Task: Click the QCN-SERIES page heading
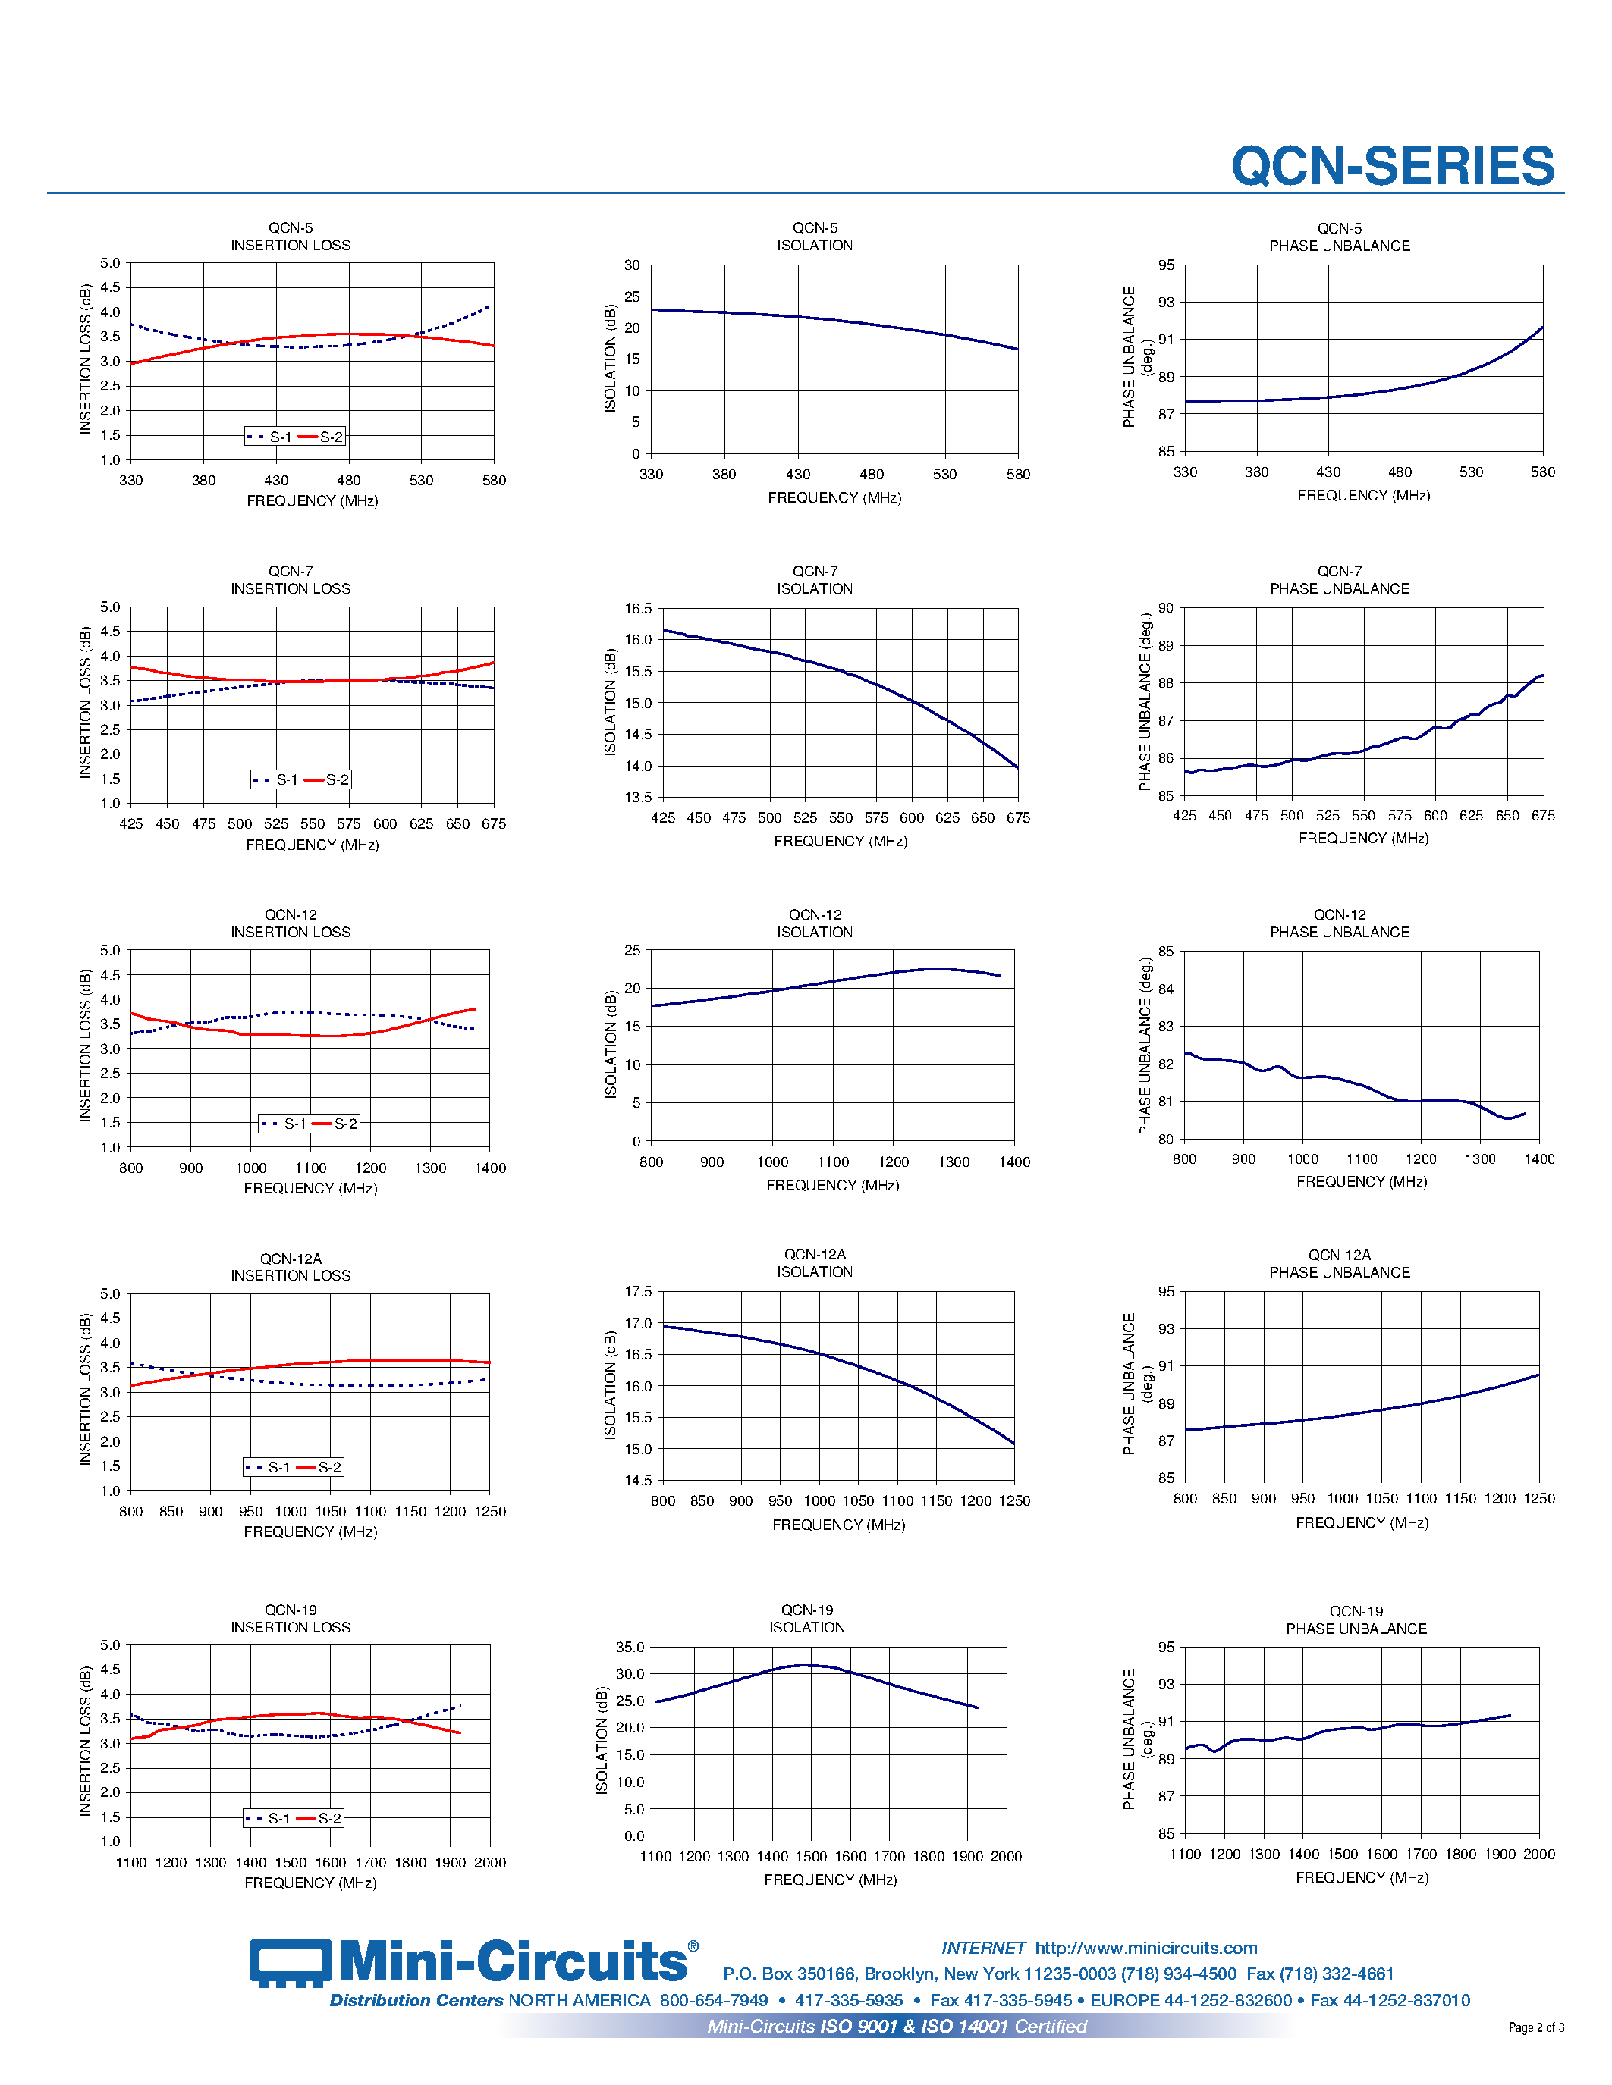coord(1392,166)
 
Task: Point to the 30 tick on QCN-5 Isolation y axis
coord(632,265)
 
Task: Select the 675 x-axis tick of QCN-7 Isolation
coord(1018,818)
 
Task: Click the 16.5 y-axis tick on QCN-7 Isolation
coord(638,608)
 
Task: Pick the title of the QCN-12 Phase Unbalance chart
coord(1339,923)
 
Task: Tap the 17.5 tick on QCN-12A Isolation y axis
coord(638,1292)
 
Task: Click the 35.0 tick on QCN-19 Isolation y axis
coord(630,1647)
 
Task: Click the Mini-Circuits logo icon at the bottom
coord(291,1963)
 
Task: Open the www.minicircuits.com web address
coord(1146,1948)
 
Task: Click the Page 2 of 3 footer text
coord(1535,2027)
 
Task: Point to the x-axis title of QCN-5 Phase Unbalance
coord(1362,496)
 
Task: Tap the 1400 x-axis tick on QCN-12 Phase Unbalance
coord(1538,1159)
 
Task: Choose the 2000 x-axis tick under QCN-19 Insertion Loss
coord(490,1863)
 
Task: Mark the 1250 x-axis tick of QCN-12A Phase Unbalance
coord(1538,1499)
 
